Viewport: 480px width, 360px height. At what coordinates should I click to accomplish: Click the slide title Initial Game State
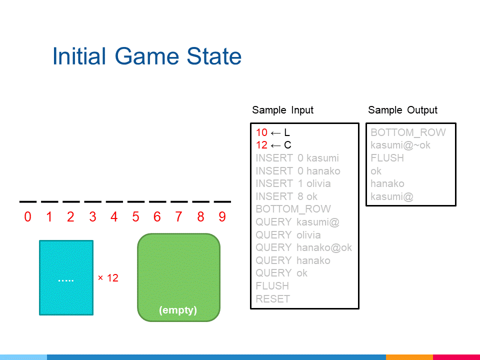147,56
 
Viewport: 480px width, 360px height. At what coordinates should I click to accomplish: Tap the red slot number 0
27,216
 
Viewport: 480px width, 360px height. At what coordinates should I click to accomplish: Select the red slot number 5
135,216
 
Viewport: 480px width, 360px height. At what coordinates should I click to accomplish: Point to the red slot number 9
222,216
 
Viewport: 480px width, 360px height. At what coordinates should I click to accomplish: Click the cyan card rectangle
66,277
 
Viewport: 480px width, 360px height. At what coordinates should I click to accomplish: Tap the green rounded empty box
179,277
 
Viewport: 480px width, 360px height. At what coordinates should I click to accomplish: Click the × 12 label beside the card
108,278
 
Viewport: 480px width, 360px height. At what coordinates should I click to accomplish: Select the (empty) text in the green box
178,310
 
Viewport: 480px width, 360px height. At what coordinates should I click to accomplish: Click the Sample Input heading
283,110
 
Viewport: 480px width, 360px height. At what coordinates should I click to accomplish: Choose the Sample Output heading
403,110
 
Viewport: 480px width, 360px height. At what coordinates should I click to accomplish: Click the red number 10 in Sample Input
261,132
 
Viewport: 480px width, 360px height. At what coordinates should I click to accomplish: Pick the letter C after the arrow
287,145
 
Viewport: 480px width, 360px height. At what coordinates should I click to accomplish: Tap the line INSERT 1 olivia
293,183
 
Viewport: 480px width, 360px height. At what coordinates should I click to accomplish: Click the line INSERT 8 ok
286,196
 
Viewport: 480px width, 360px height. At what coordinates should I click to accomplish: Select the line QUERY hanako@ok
303,247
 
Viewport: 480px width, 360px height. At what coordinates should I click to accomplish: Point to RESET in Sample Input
273,299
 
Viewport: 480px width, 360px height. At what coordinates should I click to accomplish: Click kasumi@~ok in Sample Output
400,145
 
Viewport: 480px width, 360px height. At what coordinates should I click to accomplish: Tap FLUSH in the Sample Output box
387,158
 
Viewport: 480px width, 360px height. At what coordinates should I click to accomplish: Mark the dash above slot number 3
93,201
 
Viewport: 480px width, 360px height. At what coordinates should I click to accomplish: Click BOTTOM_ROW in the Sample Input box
293,209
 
